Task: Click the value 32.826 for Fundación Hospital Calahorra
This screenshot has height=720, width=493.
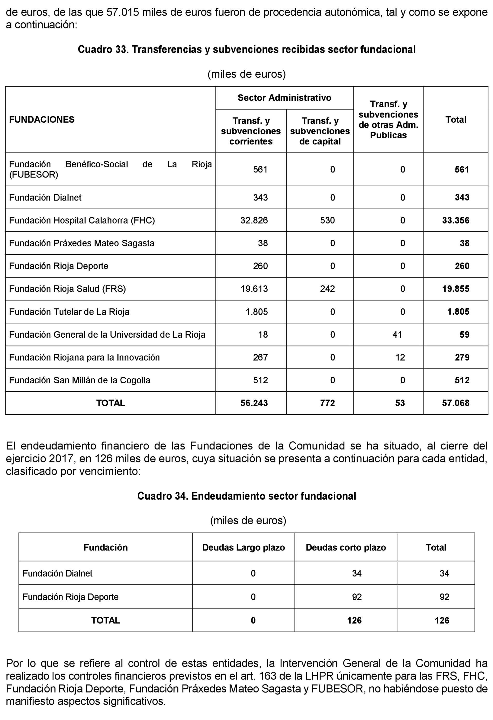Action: (254, 220)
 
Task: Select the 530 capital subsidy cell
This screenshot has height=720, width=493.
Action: (327, 220)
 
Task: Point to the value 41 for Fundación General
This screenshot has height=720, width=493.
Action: (397, 335)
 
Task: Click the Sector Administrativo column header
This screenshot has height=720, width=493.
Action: (284, 98)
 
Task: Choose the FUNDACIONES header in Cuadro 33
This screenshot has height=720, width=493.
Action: (42, 120)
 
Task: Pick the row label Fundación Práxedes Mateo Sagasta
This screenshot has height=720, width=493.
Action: (81, 243)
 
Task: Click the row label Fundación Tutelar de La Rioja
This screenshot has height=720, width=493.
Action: (69, 312)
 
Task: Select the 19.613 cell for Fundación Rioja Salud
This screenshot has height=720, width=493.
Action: (254, 289)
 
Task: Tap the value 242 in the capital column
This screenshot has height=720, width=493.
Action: (327, 289)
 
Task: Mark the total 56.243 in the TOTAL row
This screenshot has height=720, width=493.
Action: (254, 403)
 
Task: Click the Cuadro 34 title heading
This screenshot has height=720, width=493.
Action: (246, 496)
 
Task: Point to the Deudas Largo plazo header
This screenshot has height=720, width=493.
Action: (244, 548)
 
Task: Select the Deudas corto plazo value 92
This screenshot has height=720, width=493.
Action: (357, 597)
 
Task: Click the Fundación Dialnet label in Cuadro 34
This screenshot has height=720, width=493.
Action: (57, 573)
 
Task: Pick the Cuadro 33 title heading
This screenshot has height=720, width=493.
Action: (246, 50)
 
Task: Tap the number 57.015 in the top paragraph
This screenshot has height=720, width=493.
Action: (122, 12)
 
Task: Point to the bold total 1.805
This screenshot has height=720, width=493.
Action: (458, 312)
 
